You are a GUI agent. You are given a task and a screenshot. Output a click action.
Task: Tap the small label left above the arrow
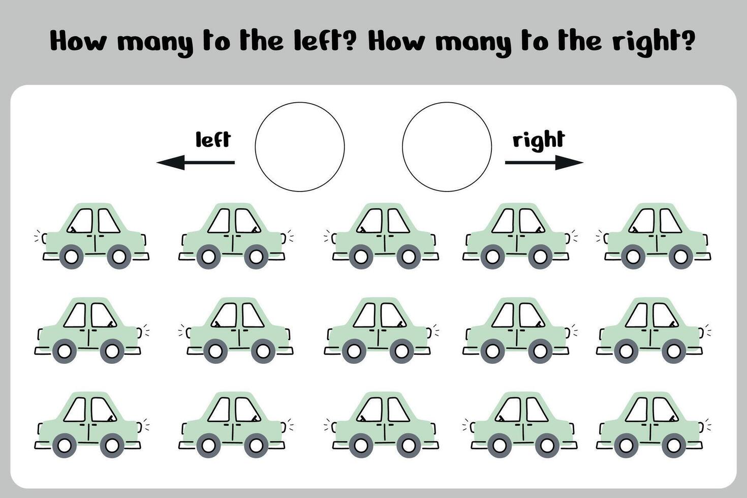[213, 139]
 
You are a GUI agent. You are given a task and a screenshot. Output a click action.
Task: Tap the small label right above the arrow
[539, 141]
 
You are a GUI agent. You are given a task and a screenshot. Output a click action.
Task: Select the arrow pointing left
[196, 163]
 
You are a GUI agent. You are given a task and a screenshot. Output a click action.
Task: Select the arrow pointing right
[544, 163]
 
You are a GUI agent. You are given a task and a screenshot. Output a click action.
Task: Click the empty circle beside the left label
[300, 103]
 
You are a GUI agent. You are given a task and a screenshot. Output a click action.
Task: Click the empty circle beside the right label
[447, 103]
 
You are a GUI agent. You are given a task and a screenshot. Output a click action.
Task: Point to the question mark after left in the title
[349, 40]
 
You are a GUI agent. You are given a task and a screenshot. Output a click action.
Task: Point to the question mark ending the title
[689, 40]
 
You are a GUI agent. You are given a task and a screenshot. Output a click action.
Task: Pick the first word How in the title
[78, 40]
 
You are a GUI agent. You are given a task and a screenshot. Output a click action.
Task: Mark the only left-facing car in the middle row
[236, 330]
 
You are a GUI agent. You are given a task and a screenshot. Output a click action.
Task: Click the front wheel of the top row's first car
[71, 257]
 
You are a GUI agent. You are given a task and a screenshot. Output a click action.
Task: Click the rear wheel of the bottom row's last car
[626, 446]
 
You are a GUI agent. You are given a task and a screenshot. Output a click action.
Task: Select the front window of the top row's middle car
[369, 221]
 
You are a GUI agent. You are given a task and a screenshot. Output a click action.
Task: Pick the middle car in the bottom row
[381, 425]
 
